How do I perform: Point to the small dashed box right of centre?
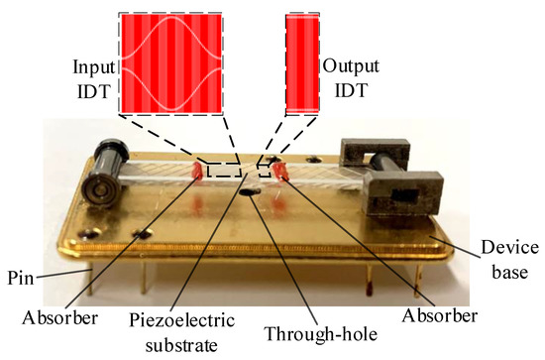coord(265,170)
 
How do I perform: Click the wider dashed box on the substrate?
coord(223,170)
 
